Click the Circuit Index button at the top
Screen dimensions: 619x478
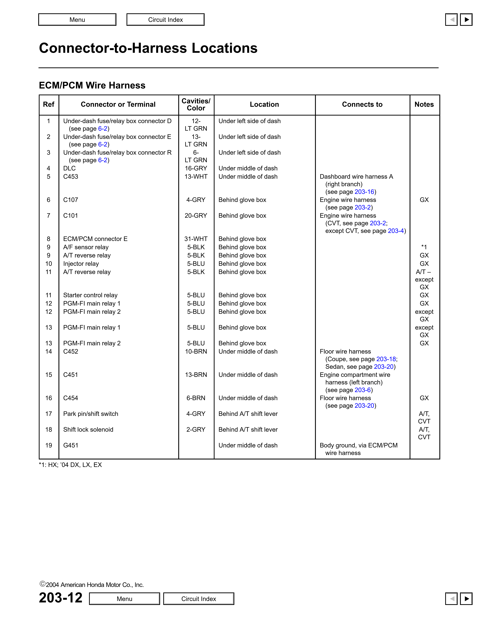coord(165,20)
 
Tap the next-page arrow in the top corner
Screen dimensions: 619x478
coord(466,20)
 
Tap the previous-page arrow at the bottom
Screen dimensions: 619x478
coord(451,599)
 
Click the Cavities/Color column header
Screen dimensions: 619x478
coord(196,105)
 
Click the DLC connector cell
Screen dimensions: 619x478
coord(69,168)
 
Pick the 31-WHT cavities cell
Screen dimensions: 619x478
coord(196,239)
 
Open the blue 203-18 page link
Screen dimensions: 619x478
coord(386,359)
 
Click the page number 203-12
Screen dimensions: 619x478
coord(61,598)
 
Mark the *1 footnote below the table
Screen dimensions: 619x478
coord(70,465)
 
